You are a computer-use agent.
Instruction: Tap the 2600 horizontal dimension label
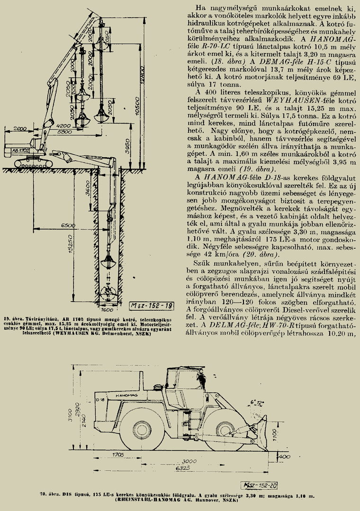tap(20, 129)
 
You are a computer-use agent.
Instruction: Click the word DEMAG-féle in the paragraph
tap(268, 62)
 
